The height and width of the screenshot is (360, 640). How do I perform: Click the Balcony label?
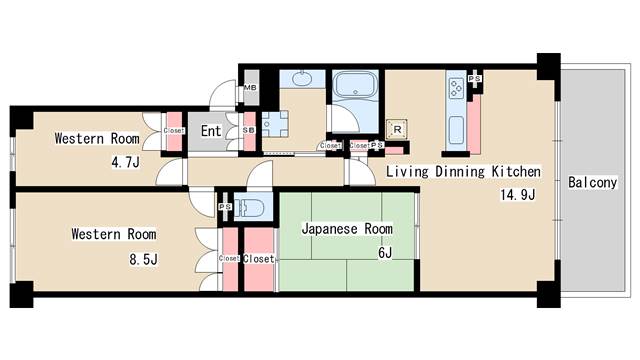click(x=591, y=183)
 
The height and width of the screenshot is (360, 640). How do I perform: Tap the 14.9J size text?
click(x=518, y=194)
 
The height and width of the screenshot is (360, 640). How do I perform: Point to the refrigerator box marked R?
click(x=397, y=129)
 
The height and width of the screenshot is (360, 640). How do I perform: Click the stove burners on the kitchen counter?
click(x=456, y=89)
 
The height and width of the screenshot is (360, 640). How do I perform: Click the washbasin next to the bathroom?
click(x=296, y=80)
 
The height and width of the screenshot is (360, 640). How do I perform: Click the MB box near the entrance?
click(x=251, y=87)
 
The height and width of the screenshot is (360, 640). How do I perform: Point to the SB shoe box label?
click(x=248, y=130)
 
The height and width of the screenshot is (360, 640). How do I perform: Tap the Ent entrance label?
click(x=211, y=131)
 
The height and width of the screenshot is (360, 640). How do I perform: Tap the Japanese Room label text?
click(x=347, y=228)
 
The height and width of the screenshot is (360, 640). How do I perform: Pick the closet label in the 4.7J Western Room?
click(x=174, y=131)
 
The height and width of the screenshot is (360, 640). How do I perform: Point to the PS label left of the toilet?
click(x=225, y=207)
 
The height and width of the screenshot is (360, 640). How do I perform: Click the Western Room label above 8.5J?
click(x=113, y=235)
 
